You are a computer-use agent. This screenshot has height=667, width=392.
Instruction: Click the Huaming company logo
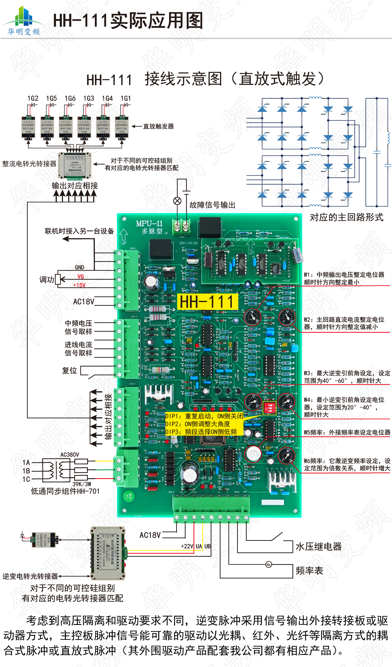[x=24, y=21]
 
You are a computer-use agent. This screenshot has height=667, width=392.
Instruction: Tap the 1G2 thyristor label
[x=33, y=98]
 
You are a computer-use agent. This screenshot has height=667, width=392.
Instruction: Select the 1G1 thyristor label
[x=126, y=98]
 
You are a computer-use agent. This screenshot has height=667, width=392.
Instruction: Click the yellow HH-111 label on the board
[x=207, y=302]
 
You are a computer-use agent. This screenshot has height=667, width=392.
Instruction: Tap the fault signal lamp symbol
[x=177, y=201]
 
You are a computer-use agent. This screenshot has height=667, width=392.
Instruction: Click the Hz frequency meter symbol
[x=269, y=565]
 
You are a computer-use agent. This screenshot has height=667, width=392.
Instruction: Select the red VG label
[x=80, y=277]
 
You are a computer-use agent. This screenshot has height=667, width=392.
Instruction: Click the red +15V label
[x=79, y=285]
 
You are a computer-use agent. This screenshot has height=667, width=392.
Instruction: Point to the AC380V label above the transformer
[x=70, y=455]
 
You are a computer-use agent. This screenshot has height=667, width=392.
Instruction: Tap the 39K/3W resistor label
[x=82, y=484]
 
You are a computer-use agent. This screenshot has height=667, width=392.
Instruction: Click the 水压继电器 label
[x=319, y=547]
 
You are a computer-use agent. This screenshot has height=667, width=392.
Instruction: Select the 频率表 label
[x=309, y=571]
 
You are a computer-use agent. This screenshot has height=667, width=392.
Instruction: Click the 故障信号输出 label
[x=212, y=205]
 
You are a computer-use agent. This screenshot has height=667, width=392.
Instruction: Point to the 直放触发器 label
[x=158, y=126]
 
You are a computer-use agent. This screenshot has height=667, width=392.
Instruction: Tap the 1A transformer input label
[x=26, y=463]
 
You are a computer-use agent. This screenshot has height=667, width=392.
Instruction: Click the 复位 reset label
[x=70, y=371]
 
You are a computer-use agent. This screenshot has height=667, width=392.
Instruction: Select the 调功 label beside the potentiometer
[x=47, y=280]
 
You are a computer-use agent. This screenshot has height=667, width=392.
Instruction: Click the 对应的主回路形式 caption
[x=347, y=218]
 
